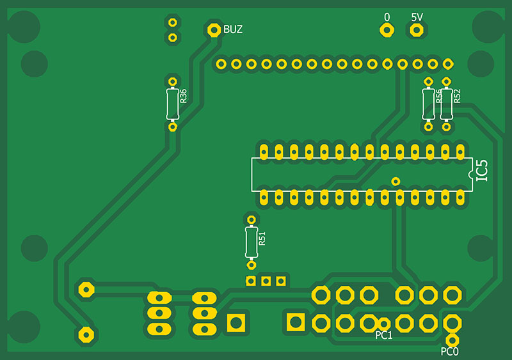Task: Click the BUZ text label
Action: coord(233,29)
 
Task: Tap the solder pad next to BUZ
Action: coord(214,29)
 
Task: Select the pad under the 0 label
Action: coord(386,29)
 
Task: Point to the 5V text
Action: coord(417,17)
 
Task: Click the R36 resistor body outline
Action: coord(172,104)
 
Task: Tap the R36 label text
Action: coord(183,96)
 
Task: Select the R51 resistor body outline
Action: coord(252,242)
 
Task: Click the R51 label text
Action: coord(262,239)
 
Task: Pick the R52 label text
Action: coord(457,96)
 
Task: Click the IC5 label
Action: coord(483,171)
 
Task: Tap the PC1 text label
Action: coord(384,335)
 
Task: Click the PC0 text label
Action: coord(450,351)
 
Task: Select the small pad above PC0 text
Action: coord(452,339)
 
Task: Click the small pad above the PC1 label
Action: coord(383,324)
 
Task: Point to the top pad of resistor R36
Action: coord(172,81)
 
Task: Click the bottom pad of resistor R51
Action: coord(252,264)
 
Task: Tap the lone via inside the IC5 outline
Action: coord(396,181)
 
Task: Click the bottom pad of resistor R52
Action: coord(446,127)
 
